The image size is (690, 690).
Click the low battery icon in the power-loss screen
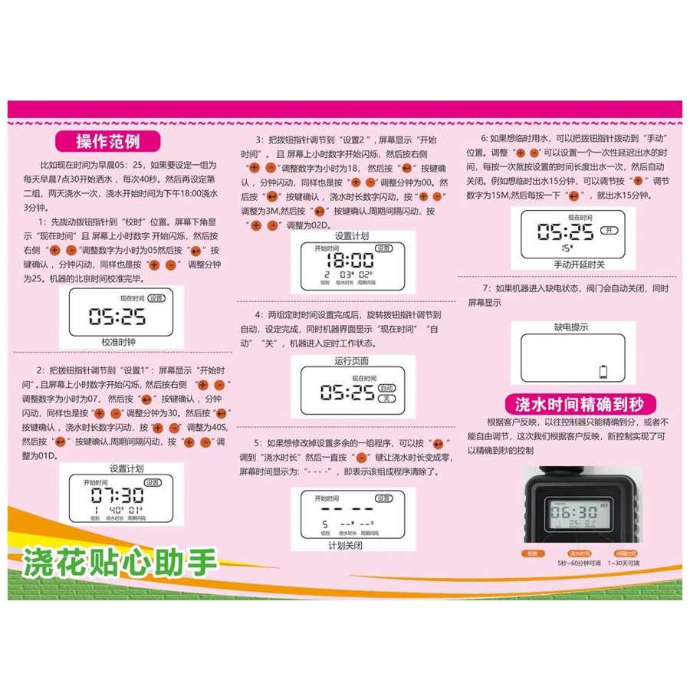click(x=603, y=373)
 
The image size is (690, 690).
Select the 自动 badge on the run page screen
click(x=389, y=388)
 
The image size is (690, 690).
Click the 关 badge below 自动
click(x=388, y=399)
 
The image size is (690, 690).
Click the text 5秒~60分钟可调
click(x=579, y=563)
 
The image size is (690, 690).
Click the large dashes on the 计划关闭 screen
click(x=347, y=508)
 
